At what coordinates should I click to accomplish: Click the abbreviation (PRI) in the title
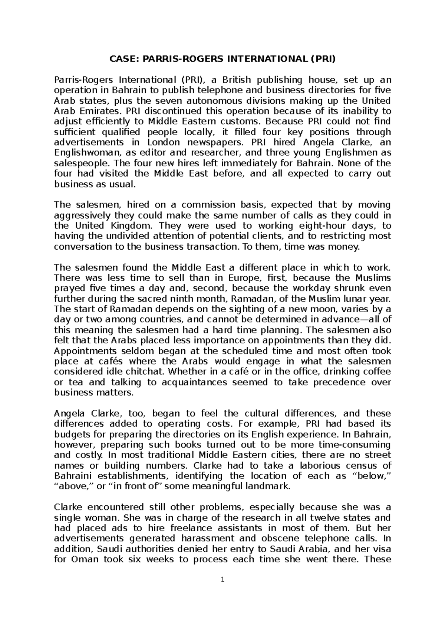323,59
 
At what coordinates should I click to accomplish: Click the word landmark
271,486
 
